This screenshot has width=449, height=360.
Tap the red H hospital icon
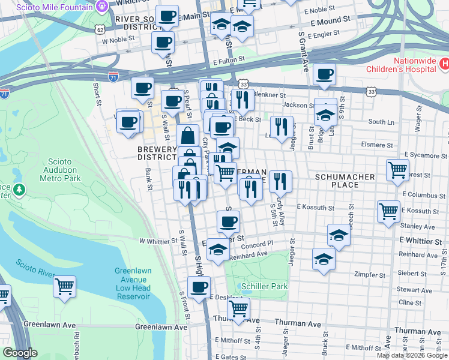[444, 64]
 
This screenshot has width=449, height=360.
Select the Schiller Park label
[264, 286]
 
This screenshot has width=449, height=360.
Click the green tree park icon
[20, 190]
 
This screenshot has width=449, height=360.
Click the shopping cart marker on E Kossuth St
[388, 211]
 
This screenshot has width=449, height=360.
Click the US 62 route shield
[100, 28]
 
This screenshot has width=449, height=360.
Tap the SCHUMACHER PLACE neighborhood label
[345, 177]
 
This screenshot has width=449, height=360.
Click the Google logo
[20, 353]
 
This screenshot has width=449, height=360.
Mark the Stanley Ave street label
[421, 227]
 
